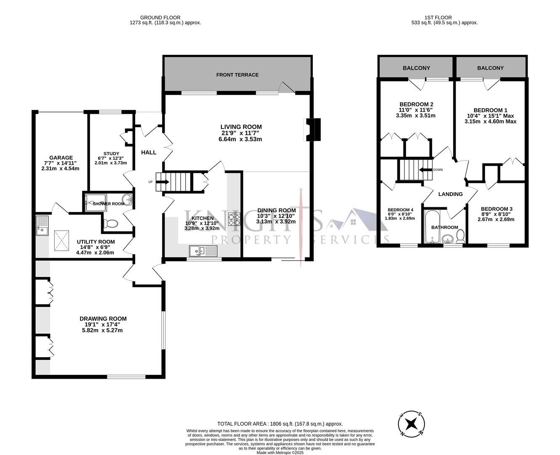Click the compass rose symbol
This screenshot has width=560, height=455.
411,424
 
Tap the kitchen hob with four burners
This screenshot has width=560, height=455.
234,219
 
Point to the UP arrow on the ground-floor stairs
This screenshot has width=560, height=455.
163,182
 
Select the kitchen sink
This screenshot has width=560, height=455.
203,252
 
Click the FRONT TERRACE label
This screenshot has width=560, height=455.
237,75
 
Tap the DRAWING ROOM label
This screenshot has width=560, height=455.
103,319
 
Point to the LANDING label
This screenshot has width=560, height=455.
450,194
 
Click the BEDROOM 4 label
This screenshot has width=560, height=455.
400,210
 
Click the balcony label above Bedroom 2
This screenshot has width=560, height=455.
416,68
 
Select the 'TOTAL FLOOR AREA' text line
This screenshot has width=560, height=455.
280,424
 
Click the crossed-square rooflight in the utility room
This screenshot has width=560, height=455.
62,241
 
